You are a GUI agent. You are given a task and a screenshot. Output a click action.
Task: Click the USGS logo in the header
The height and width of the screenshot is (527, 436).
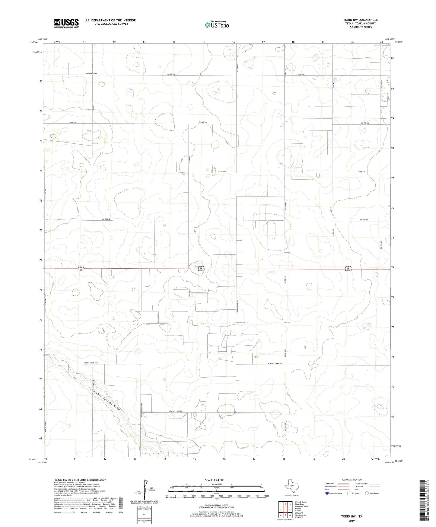point(66,23)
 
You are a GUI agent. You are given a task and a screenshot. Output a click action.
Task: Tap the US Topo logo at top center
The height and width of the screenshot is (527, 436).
point(217,24)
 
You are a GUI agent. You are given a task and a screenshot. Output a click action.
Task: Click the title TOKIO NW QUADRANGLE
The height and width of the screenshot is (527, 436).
point(360,20)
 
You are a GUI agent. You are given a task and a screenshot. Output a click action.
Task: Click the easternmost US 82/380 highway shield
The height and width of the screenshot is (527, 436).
point(348,268)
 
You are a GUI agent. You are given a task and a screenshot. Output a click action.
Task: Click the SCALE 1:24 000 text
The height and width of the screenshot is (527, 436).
point(216,480)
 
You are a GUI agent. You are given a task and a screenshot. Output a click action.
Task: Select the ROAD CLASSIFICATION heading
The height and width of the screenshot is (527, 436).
point(352,480)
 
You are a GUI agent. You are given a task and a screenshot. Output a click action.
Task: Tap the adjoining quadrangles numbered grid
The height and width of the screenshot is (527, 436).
point(285,510)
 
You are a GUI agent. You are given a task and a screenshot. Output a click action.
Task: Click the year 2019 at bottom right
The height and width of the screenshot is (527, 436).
point(352,521)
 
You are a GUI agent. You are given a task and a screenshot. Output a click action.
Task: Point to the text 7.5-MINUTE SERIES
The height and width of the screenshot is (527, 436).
point(360,27)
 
